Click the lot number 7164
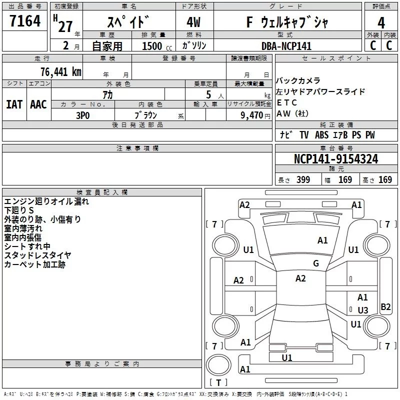point(25,21)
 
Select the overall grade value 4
point(381,22)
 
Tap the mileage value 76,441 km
point(60,72)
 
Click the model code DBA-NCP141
point(286,46)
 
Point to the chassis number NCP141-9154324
point(336,159)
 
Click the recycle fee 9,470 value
point(251,115)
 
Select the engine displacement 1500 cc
point(152,46)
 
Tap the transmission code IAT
point(14,104)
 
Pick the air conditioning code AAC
point(38,104)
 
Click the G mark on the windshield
point(316,263)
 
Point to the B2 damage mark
point(385,307)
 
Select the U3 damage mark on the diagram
point(363,310)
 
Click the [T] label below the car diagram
point(218,383)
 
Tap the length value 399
point(303,180)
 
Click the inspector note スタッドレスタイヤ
point(37,255)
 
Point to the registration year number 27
point(65,25)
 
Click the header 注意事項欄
point(137,148)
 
